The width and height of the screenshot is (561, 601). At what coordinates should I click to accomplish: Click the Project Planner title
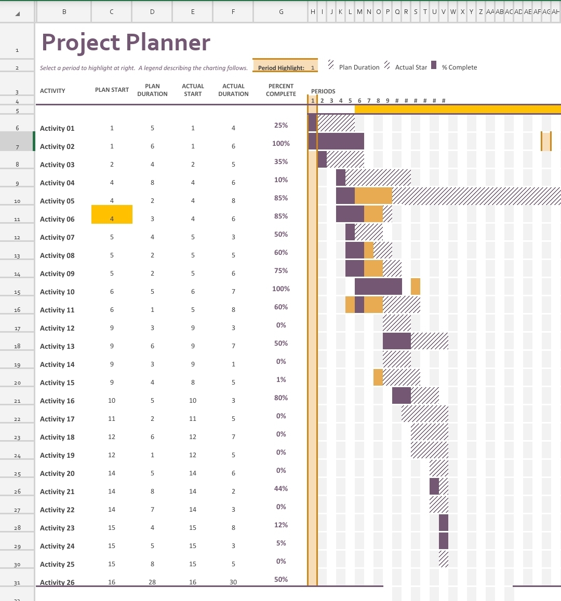coord(126,43)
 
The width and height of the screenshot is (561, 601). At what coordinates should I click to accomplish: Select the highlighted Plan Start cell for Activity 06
coord(112,214)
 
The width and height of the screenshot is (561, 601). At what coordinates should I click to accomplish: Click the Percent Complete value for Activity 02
coord(281,144)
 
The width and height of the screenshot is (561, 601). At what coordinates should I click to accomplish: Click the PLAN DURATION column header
coord(152,90)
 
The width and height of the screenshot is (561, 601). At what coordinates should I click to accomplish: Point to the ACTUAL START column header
coord(193,90)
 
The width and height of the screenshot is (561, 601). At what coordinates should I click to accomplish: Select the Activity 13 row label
coord(57,347)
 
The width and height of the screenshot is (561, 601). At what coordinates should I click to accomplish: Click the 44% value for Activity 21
coord(281,489)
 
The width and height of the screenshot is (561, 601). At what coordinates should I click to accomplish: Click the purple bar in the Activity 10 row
coord(378,286)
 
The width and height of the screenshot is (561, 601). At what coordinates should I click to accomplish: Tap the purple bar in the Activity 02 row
coord(336,141)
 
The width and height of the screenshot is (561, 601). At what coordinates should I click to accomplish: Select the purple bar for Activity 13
coord(396,341)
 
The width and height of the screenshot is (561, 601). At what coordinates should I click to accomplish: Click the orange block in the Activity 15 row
coord(378,377)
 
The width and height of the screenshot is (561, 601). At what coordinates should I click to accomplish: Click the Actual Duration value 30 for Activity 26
coord(233,582)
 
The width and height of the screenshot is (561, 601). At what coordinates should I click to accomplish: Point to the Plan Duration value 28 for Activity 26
coord(152,582)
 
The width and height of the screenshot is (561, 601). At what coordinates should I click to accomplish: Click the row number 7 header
coord(17,147)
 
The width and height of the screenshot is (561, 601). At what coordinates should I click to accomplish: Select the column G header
coord(281,11)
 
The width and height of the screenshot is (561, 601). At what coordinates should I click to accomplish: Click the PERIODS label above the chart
coord(323,91)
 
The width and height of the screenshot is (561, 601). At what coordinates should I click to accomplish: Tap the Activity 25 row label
coord(57,565)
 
